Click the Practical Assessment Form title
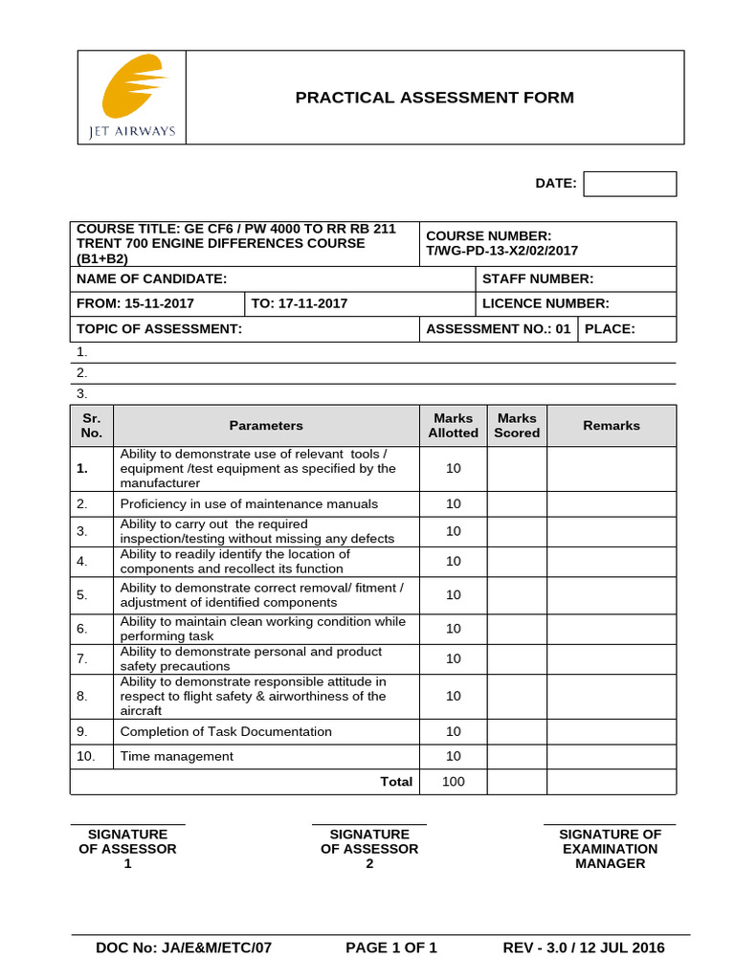point(434,98)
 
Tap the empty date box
point(629,184)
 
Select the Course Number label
point(488,236)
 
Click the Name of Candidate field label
point(151,278)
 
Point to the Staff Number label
point(537,278)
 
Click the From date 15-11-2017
point(135,303)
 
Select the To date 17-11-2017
point(299,303)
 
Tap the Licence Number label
point(545,303)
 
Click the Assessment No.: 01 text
point(498,329)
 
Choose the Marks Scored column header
point(517,426)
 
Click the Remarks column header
point(611,426)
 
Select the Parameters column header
point(266,426)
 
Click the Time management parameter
point(176,756)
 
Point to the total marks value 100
point(453,782)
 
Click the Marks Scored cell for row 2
point(517,504)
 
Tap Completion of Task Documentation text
point(226,732)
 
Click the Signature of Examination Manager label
point(610,849)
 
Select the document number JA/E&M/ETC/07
point(184,948)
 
